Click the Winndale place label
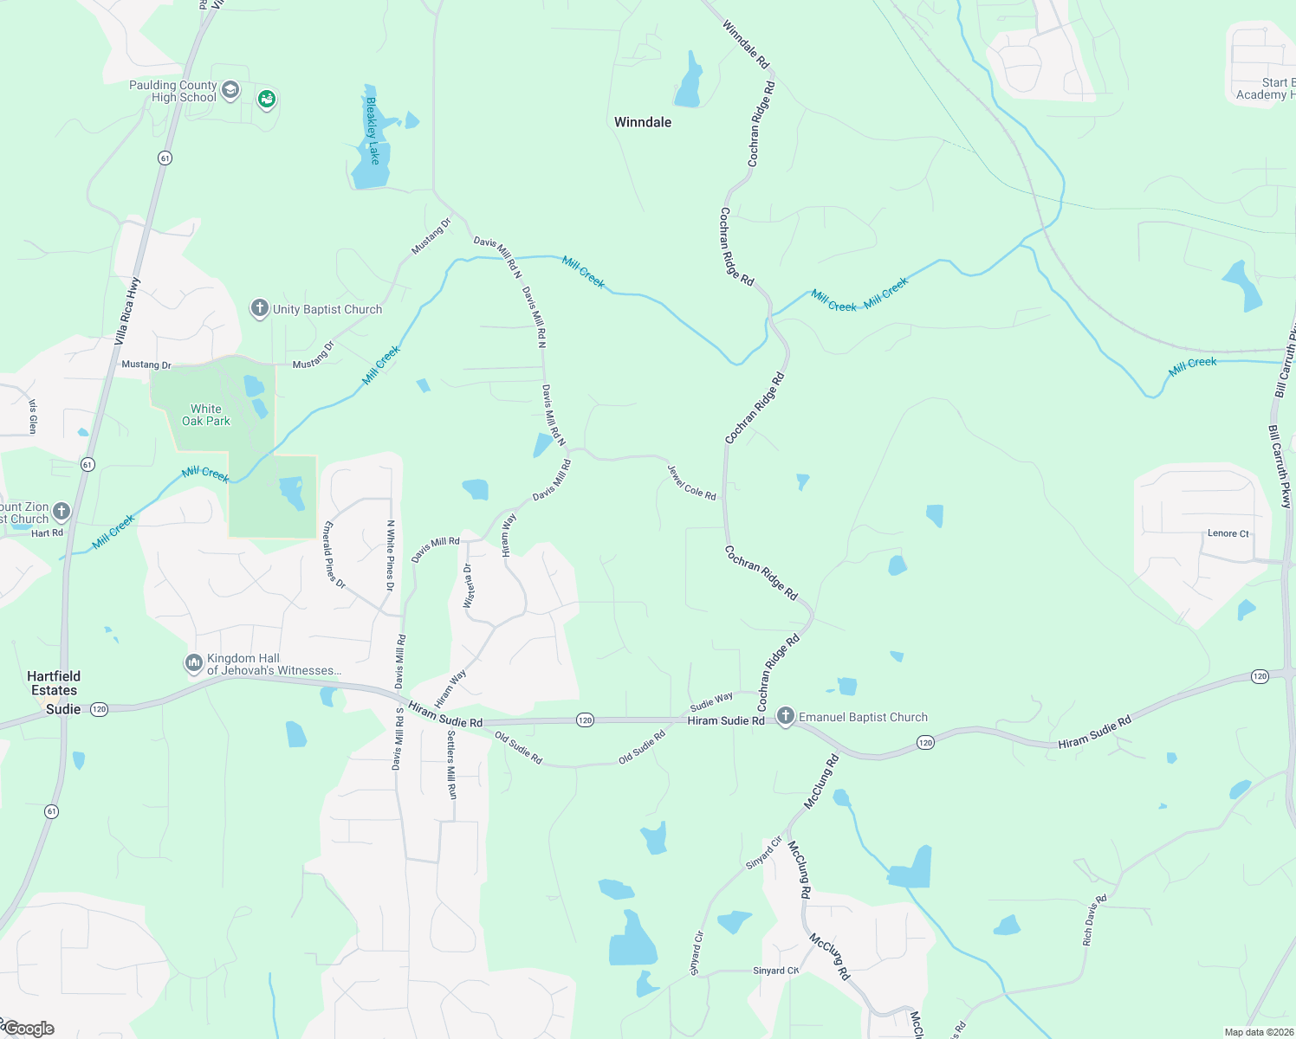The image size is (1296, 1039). click(x=643, y=122)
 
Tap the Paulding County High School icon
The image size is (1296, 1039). click(x=230, y=90)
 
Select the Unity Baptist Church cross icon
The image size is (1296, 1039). click(x=259, y=308)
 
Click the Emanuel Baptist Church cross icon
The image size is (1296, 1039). click(x=785, y=716)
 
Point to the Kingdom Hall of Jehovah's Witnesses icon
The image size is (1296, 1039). click(x=193, y=663)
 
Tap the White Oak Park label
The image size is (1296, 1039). click(x=206, y=415)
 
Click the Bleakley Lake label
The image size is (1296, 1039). click(x=373, y=131)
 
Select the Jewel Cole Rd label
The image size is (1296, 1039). click(x=691, y=483)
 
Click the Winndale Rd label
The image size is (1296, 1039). click(x=745, y=45)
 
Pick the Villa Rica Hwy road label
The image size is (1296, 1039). click(x=126, y=312)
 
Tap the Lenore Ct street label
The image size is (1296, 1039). click(x=1228, y=533)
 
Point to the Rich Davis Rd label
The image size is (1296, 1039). click(x=1094, y=920)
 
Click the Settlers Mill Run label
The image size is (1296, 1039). click(x=451, y=765)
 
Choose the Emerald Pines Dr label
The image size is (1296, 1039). click(x=334, y=555)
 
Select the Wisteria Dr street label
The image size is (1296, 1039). click(x=469, y=585)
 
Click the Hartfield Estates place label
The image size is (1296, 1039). click(x=54, y=683)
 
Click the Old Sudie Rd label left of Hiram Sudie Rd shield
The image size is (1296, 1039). click(x=518, y=748)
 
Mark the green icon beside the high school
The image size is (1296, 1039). click(x=267, y=100)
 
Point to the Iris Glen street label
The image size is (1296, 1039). click(x=33, y=416)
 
